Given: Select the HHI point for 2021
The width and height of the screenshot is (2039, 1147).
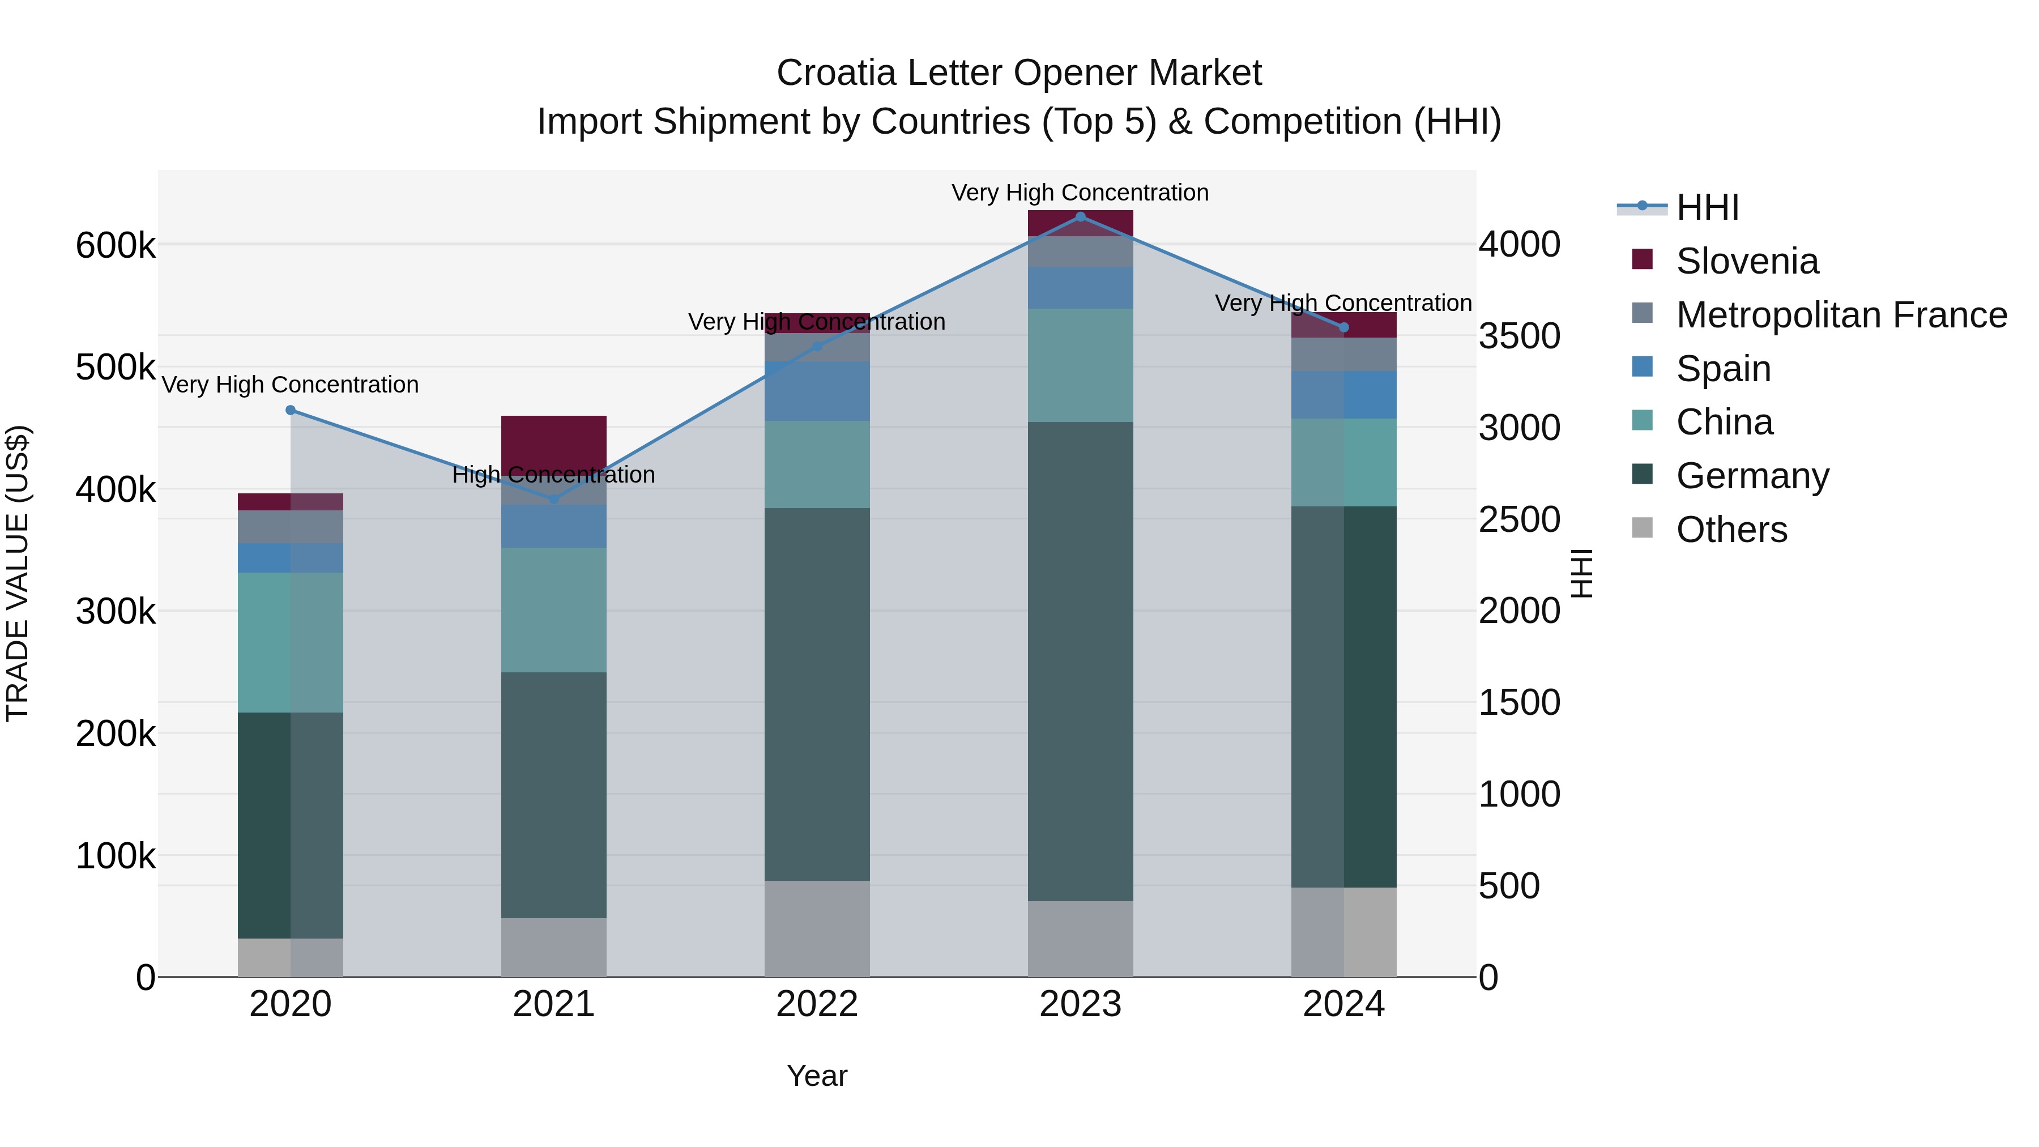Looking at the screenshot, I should pyautogui.click(x=554, y=498).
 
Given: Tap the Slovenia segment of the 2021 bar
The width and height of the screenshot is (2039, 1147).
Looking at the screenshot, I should pyautogui.click(x=554, y=444).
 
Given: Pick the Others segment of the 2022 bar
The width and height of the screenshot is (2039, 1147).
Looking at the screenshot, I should pyautogui.click(x=817, y=928).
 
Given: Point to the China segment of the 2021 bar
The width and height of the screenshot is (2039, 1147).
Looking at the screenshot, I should pyautogui.click(x=554, y=609).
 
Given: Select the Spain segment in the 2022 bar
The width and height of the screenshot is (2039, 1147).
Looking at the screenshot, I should pyautogui.click(x=817, y=391).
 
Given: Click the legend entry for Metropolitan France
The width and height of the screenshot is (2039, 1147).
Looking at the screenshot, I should pyautogui.click(x=1841, y=315).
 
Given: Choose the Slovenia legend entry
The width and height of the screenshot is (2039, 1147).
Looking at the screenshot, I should pyautogui.click(x=1747, y=261).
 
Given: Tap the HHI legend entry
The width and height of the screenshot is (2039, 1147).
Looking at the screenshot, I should pyautogui.click(x=1707, y=207).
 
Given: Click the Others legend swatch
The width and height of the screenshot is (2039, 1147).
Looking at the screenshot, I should pyautogui.click(x=1643, y=528).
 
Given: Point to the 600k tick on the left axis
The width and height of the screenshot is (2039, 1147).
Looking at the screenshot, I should pyautogui.click(x=116, y=245).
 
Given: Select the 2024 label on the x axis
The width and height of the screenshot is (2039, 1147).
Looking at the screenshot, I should pyautogui.click(x=1343, y=1004).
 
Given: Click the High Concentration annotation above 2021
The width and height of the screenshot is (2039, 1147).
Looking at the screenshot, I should pyautogui.click(x=554, y=475).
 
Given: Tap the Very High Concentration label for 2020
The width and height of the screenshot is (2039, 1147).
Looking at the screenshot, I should pyautogui.click(x=291, y=385).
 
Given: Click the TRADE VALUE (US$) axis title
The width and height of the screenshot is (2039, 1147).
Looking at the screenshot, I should pyautogui.click(x=18, y=573).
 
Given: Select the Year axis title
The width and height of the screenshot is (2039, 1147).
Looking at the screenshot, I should pyautogui.click(x=817, y=1076).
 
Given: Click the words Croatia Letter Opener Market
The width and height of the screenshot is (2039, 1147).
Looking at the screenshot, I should pyautogui.click(x=1019, y=73).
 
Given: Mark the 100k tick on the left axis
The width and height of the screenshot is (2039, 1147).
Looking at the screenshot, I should pyautogui.click(x=116, y=856).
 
